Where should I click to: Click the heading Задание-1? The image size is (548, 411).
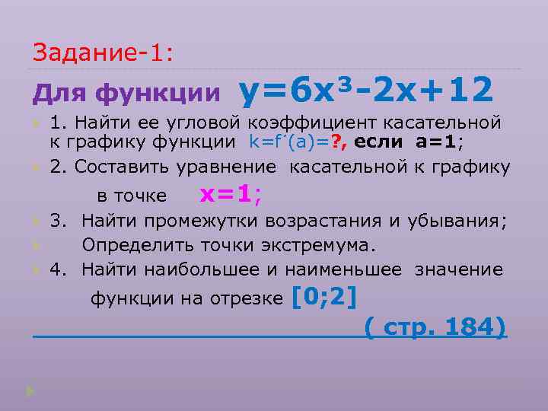[x=103, y=53]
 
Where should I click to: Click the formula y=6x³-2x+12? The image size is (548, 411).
[x=366, y=91]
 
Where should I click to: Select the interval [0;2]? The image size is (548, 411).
[x=325, y=297]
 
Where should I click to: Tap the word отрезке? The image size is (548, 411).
[x=251, y=299]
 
